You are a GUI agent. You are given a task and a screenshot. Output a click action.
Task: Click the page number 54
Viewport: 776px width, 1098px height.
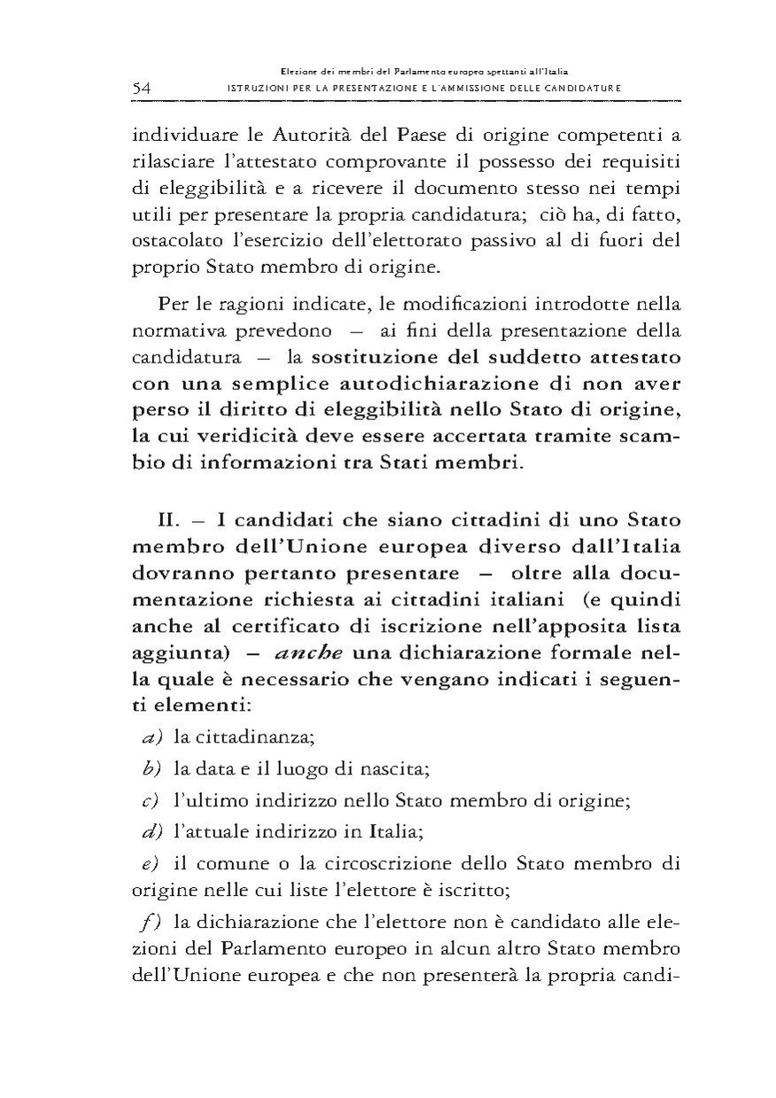(x=144, y=87)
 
